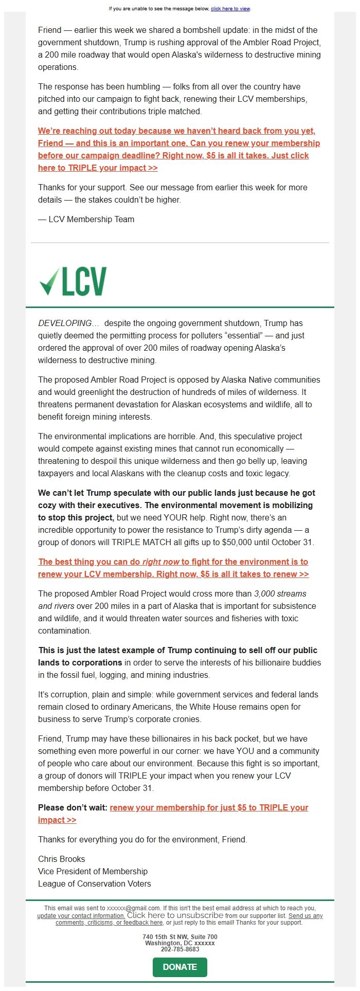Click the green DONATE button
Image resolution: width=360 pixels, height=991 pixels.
pyautogui.click(x=179, y=967)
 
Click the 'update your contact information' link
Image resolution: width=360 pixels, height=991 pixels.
pyautogui.click(x=81, y=916)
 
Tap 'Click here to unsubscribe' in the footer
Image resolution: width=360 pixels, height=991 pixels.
pyautogui.click(x=175, y=915)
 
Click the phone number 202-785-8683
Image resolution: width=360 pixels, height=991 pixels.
pyautogui.click(x=180, y=949)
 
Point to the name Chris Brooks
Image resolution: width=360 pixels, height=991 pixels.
pyautogui.click(x=62, y=859)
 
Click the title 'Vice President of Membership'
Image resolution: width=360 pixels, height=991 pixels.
pyautogui.click(x=93, y=871)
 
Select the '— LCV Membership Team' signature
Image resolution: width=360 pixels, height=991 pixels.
pyautogui.click(x=86, y=219)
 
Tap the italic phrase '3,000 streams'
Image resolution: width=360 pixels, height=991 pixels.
pyautogui.click(x=280, y=593)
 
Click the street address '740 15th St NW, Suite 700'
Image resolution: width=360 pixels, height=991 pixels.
pyautogui.click(x=180, y=937)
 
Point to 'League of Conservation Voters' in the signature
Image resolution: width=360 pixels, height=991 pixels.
pyautogui.click(x=95, y=884)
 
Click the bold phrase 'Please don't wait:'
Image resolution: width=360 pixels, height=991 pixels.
pyautogui.click(x=73, y=807)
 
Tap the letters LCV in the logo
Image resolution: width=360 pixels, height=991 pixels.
pyautogui.click(x=84, y=282)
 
